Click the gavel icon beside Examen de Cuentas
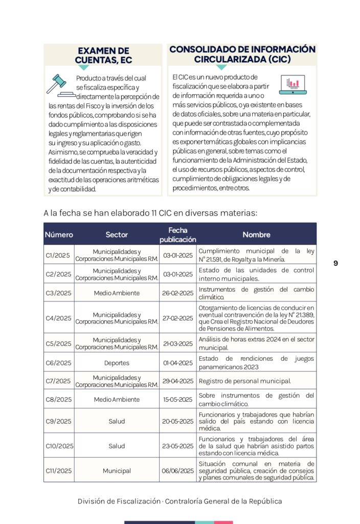point(57,84)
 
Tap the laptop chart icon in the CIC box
point(293,84)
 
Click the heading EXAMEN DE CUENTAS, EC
point(103,55)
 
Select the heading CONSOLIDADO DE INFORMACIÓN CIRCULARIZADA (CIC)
point(242,54)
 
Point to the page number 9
point(335,263)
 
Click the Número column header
point(59,235)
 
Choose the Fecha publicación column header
point(177,235)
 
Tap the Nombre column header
point(256,235)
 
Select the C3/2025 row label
point(58,293)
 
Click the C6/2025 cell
point(58,363)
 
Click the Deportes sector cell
point(117,363)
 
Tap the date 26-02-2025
point(178,293)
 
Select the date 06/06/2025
point(178,471)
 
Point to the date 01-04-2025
point(178,363)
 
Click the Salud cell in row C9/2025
point(117,421)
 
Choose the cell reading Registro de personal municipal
point(244,381)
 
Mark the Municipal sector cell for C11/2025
point(117,471)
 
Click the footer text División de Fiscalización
point(119,501)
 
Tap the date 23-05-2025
point(178,446)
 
